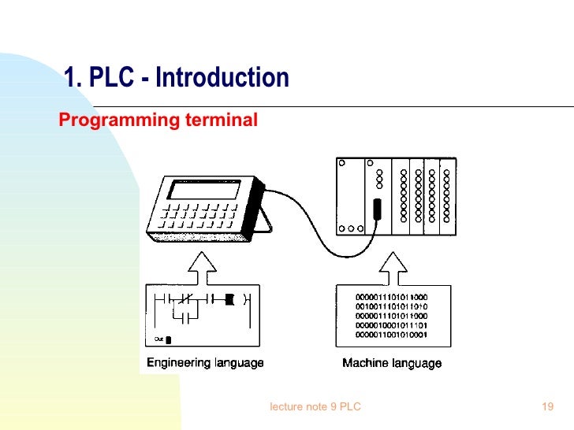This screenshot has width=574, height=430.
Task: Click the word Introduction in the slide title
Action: pyautogui.click(x=222, y=78)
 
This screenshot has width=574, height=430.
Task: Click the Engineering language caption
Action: pyautogui.click(x=205, y=363)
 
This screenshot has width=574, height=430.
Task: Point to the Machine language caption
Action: pyautogui.click(x=392, y=363)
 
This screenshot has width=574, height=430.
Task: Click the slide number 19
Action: pyautogui.click(x=549, y=406)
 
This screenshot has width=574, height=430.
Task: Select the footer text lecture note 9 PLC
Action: pyautogui.click(x=315, y=406)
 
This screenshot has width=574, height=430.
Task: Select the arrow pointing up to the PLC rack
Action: pyautogui.click(x=393, y=266)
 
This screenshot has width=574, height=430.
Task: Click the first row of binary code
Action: pyautogui.click(x=392, y=297)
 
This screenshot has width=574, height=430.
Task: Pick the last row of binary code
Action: pyautogui.click(x=392, y=335)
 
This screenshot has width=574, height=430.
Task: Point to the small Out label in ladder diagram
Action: pyautogui.click(x=158, y=339)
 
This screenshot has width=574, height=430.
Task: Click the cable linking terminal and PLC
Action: pyautogui.click(x=315, y=236)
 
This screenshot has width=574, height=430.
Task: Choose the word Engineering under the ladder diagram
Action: pyautogui.click(x=178, y=363)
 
